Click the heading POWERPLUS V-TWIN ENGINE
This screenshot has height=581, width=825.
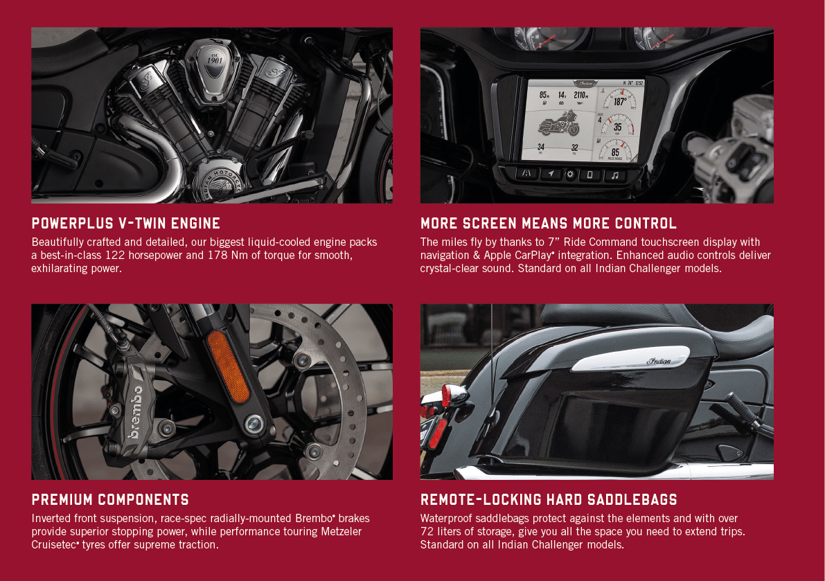(126, 224)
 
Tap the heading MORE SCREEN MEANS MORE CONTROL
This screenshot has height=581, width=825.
(548, 224)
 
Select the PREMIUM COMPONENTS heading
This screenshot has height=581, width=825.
(110, 499)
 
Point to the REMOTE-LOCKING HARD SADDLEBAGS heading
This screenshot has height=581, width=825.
(549, 499)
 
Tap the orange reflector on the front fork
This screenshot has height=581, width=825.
(228, 366)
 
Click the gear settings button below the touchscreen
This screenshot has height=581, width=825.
(570, 175)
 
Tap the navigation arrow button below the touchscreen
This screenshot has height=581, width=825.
(551, 174)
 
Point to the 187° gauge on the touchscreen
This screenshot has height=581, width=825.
(619, 100)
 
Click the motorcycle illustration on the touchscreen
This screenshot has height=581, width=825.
(558, 124)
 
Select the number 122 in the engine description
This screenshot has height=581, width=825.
(115, 256)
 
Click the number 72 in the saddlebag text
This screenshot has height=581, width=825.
(427, 532)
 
